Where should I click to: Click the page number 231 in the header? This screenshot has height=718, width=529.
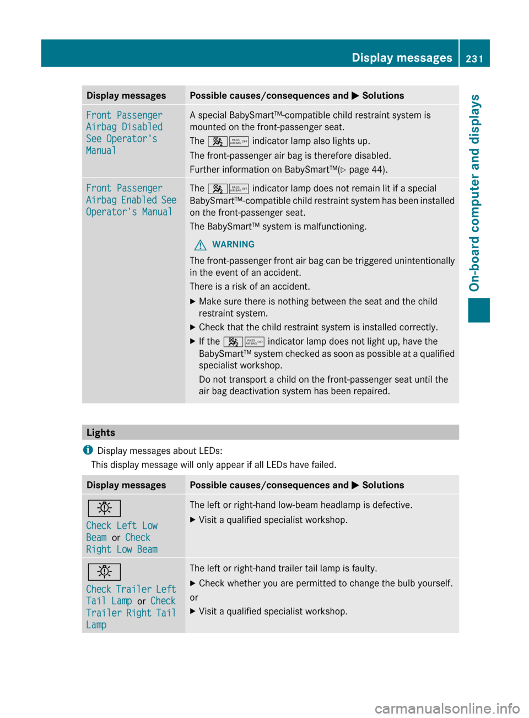pyautogui.click(x=474, y=58)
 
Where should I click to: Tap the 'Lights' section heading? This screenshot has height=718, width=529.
pyautogui.click(x=101, y=432)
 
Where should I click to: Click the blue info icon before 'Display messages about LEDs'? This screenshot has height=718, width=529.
pyautogui.click(x=88, y=450)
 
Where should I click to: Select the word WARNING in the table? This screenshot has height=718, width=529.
pyautogui.click(x=233, y=244)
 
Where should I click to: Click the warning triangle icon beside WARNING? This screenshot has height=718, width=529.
pyautogui.click(x=200, y=245)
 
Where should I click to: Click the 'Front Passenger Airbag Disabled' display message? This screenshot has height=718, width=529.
pyautogui.click(x=124, y=132)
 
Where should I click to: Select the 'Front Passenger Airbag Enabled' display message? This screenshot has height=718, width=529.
pyautogui.click(x=131, y=200)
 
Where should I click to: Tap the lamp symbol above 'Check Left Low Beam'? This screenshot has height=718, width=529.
pyautogui.click(x=104, y=508)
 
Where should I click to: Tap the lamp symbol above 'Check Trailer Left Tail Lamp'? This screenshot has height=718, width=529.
pyautogui.click(x=104, y=571)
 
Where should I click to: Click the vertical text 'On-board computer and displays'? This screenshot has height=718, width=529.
pyautogui.click(x=474, y=192)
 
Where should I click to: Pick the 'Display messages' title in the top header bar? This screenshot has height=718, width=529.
pyautogui.click(x=402, y=57)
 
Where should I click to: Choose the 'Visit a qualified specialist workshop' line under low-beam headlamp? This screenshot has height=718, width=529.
pyautogui.click(x=273, y=519)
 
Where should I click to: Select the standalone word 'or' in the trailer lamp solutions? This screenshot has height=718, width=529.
pyautogui.click(x=194, y=597)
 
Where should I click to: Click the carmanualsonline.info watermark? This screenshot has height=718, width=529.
pyautogui.click(x=447, y=708)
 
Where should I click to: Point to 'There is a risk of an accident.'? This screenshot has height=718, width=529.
pyautogui.click(x=250, y=286)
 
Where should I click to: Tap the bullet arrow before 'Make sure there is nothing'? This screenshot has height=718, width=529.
pyautogui.click(x=193, y=302)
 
